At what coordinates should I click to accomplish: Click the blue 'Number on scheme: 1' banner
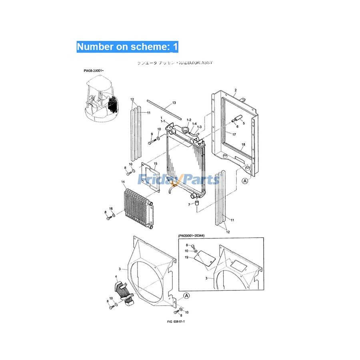pos(127,46)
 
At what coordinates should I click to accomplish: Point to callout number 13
pos(174,103)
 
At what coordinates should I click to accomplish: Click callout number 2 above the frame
pos(236,90)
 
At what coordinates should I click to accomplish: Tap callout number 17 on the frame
pos(234,134)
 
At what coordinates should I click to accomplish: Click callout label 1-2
pos(189,120)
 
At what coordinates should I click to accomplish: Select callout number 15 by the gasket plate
pos(156,164)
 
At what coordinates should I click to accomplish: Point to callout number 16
pos(111,209)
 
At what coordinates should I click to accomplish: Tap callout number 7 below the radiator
pos(189,204)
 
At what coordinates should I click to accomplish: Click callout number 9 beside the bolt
pos(152,134)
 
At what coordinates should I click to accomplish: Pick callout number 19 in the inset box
pos(186,258)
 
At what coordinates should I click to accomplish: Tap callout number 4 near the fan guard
pos(116,276)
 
